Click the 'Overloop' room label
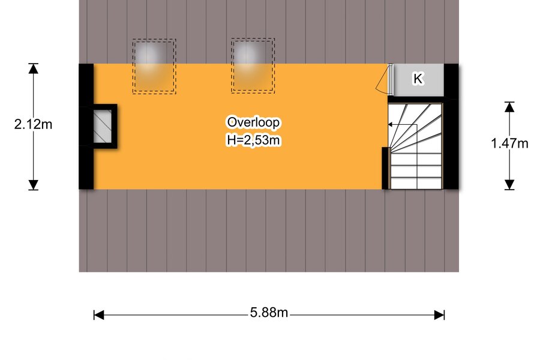coord(253,122)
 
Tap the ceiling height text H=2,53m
coord(253,140)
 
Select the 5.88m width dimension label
coord(269,313)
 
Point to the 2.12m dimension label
coord(33,124)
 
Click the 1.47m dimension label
coord(509,143)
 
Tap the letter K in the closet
coord(418,79)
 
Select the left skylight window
coord(154,66)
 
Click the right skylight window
coord(253,65)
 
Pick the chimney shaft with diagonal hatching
coord(103,126)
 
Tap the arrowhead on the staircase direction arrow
coord(390,124)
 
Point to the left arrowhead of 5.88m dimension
coord(99,315)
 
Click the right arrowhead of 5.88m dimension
coord(439,315)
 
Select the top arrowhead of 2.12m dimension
coord(33,68)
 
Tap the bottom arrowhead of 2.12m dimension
coord(33,185)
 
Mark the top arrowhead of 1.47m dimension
coord(509,107)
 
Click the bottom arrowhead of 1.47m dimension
coord(509,185)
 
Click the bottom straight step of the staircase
coord(416,183)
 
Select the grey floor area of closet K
coord(418,80)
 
